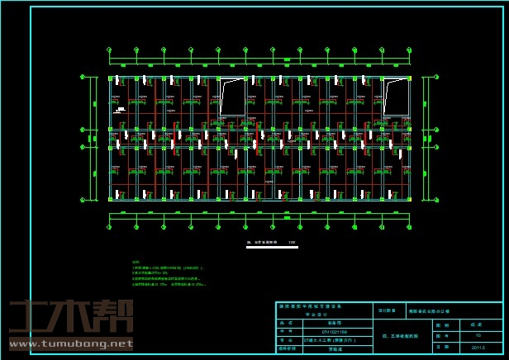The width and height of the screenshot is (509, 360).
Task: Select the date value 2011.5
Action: pyautogui.click(x=478, y=348)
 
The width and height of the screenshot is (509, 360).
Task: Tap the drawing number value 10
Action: pyautogui.click(x=478, y=336)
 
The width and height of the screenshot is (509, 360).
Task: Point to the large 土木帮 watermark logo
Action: pyautogui.click(x=71, y=315)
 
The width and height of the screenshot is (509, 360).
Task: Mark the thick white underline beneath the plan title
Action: pyautogui.click(x=272, y=247)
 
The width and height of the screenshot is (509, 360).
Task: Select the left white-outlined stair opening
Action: pyautogui.click(x=232, y=97)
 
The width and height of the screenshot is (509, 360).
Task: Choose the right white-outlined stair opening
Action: pyautogui.click(x=396, y=97)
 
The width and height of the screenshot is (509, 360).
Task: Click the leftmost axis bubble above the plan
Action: pyautogui.click(x=110, y=50)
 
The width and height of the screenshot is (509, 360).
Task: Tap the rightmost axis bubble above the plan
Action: pyautogui.click(x=409, y=50)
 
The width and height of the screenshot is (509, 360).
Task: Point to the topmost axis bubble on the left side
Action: pyautogui.click(x=83, y=77)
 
